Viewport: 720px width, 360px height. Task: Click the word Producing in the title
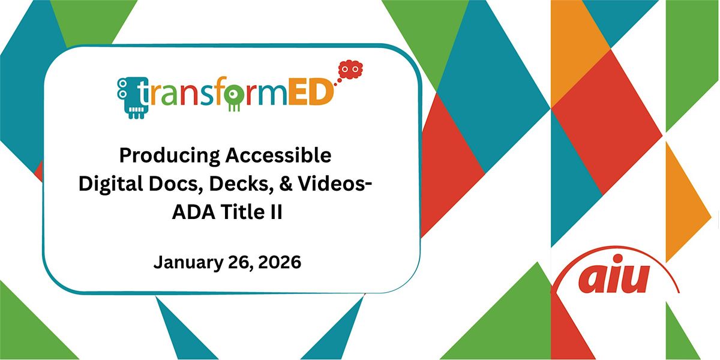point(170,156)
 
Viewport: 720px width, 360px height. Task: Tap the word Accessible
point(278,155)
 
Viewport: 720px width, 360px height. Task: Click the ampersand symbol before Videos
point(286,184)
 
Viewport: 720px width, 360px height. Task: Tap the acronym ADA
point(194,212)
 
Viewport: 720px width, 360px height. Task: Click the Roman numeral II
point(276,212)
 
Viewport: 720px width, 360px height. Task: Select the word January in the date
point(188,263)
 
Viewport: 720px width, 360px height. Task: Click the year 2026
point(280,262)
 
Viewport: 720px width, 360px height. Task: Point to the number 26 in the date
point(240,263)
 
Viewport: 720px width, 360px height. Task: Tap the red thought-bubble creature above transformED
point(350,70)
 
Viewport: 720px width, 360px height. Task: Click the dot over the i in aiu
point(618,259)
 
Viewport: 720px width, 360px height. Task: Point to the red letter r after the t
point(155,96)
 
